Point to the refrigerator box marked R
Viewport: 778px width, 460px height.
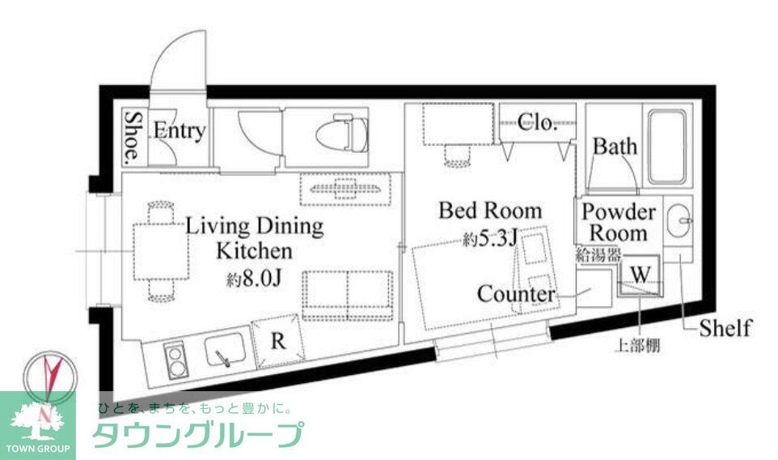(277, 341)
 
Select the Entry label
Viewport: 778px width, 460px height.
(179, 131)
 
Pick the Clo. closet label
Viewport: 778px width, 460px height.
(537, 123)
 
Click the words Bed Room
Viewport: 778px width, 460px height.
(490, 211)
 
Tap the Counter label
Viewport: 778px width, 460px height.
(516, 293)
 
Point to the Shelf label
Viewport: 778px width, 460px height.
(725, 328)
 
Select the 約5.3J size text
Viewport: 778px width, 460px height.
(491, 240)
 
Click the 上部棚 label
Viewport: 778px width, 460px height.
(638, 347)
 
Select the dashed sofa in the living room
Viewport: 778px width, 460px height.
(348, 296)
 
